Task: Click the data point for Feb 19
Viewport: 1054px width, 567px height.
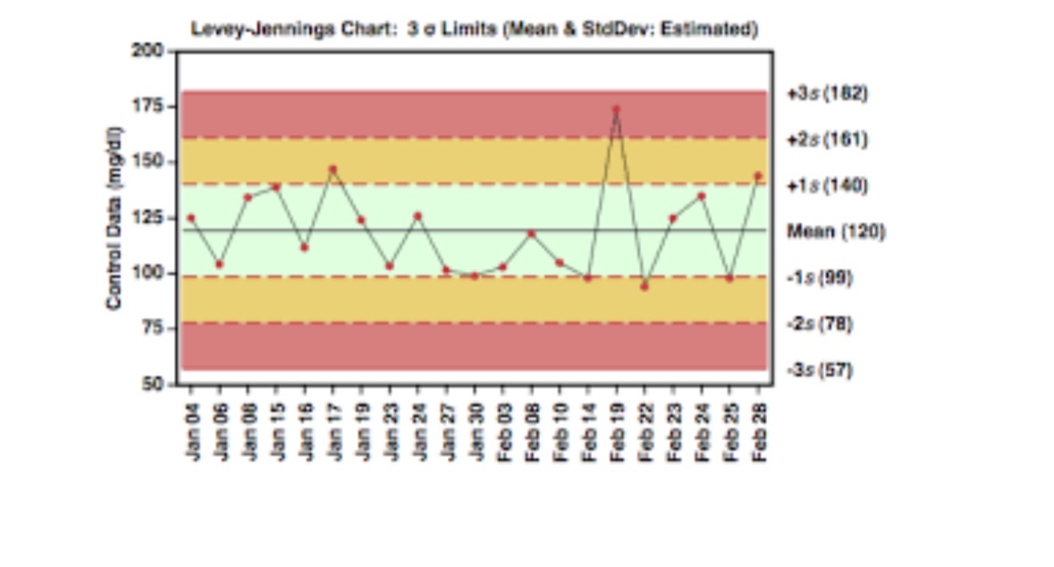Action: tap(616, 109)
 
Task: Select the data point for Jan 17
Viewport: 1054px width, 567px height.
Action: tap(333, 168)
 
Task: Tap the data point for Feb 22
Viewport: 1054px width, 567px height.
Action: tap(644, 286)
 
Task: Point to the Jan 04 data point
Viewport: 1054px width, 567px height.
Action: tap(190, 217)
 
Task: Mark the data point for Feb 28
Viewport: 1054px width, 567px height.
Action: tap(758, 175)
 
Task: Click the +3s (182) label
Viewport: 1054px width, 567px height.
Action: tap(827, 93)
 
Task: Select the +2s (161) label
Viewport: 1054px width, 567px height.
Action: tap(827, 140)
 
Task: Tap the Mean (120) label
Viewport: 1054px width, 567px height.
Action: tap(836, 232)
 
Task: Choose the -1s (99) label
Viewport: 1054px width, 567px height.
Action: tap(820, 277)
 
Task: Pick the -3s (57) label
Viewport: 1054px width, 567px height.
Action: tap(820, 369)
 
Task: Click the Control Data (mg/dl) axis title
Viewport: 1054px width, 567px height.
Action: tap(114, 217)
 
